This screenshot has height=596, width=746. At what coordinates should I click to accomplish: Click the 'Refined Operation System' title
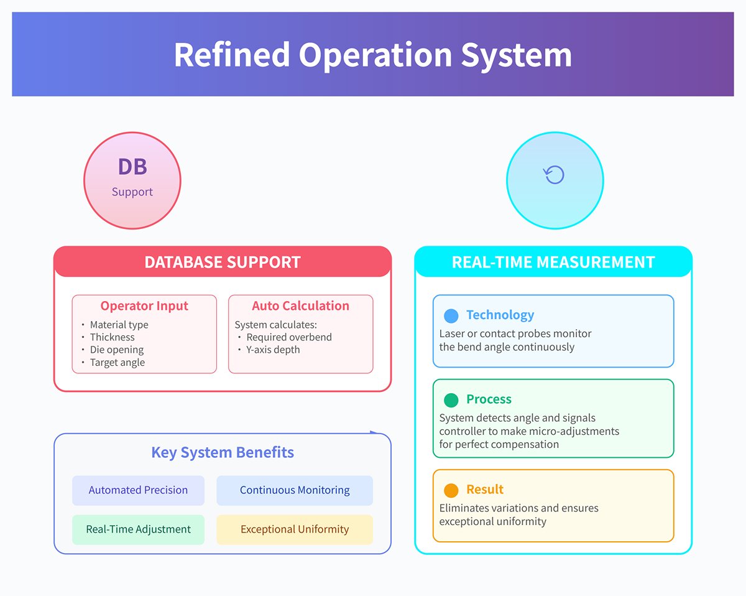click(372, 54)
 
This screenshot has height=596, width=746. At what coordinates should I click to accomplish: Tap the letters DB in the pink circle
click(132, 167)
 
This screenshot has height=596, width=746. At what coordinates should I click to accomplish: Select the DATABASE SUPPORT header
click(223, 262)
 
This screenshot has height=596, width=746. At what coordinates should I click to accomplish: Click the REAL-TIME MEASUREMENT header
click(553, 262)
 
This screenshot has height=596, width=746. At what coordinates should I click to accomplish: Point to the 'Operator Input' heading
click(144, 305)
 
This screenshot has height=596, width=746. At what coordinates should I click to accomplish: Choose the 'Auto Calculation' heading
click(300, 305)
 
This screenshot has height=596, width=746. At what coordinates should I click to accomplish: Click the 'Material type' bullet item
click(119, 324)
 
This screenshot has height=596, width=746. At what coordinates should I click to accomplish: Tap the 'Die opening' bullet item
click(116, 350)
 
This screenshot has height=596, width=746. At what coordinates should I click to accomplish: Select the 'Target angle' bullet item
click(117, 362)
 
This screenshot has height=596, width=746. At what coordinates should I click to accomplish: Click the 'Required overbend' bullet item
click(289, 337)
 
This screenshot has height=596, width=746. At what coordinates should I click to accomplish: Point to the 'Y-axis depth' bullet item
click(273, 350)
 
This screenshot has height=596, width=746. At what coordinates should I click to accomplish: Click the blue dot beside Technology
click(451, 315)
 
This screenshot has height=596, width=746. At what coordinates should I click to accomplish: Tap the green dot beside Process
click(451, 399)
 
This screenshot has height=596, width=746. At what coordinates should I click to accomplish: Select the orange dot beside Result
click(451, 490)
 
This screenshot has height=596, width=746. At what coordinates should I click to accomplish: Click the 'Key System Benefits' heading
click(223, 452)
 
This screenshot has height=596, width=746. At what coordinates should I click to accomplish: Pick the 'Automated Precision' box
click(138, 490)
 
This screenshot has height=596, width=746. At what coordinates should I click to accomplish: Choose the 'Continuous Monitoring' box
click(295, 490)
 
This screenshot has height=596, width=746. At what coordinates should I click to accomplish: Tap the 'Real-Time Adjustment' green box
click(138, 529)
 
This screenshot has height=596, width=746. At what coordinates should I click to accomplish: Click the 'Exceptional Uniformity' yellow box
click(295, 529)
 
